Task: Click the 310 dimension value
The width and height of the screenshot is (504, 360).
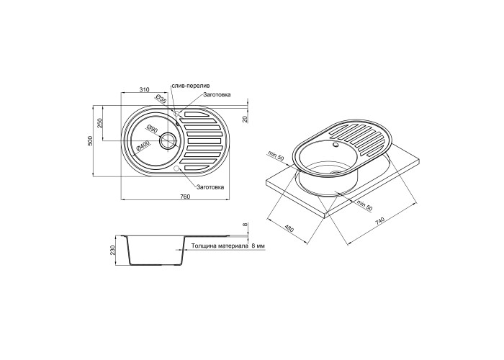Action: click(x=145, y=90)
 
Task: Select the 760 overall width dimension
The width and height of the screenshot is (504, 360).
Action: click(x=186, y=197)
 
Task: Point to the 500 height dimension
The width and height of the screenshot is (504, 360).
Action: click(x=90, y=140)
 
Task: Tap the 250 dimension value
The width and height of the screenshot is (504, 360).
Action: click(x=99, y=123)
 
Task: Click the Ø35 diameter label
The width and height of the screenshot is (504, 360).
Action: click(x=161, y=99)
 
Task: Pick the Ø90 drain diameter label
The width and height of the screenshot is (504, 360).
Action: click(x=152, y=129)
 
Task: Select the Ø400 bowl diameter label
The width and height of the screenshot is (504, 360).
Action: click(x=143, y=147)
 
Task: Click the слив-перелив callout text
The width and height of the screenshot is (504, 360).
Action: click(x=191, y=86)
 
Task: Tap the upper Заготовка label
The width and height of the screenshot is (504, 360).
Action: click(x=217, y=95)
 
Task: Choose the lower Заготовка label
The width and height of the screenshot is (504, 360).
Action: click(x=210, y=187)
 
